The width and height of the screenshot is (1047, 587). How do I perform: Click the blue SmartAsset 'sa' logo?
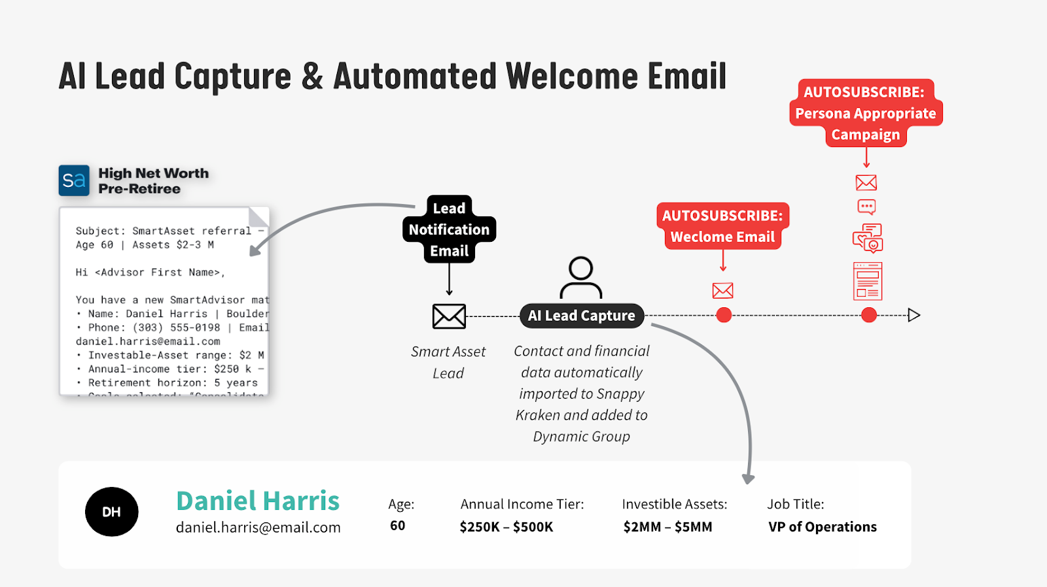point(74,180)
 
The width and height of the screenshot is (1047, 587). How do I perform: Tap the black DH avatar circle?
point(111,512)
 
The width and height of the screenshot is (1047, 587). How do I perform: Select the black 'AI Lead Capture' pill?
point(581,316)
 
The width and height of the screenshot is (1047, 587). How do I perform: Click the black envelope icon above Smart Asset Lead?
point(449,316)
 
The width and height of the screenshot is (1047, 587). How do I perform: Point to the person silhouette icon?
point(580,277)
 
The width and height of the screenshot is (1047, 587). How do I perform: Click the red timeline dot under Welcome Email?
point(724,315)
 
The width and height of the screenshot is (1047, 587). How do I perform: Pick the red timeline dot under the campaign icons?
point(869,315)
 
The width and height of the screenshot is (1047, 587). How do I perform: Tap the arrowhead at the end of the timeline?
point(914,315)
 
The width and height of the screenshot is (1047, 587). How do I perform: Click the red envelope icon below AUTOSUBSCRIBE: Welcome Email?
point(722,290)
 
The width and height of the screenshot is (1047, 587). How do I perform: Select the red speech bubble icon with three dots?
point(866,207)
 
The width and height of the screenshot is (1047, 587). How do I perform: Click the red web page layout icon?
point(868,281)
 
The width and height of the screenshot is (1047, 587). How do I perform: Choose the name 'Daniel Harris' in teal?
point(258,501)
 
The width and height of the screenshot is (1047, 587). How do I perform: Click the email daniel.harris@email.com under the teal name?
point(258,528)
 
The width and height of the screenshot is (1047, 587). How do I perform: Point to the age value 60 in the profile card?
point(397,526)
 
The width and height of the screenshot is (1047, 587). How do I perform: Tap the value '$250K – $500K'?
point(506,527)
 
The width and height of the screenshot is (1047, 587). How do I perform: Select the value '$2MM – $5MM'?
point(667,527)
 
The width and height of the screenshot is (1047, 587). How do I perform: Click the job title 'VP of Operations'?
point(823,527)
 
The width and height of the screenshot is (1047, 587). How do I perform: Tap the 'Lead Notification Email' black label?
point(449,229)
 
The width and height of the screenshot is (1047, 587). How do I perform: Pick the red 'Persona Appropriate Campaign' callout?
point(866,113)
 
